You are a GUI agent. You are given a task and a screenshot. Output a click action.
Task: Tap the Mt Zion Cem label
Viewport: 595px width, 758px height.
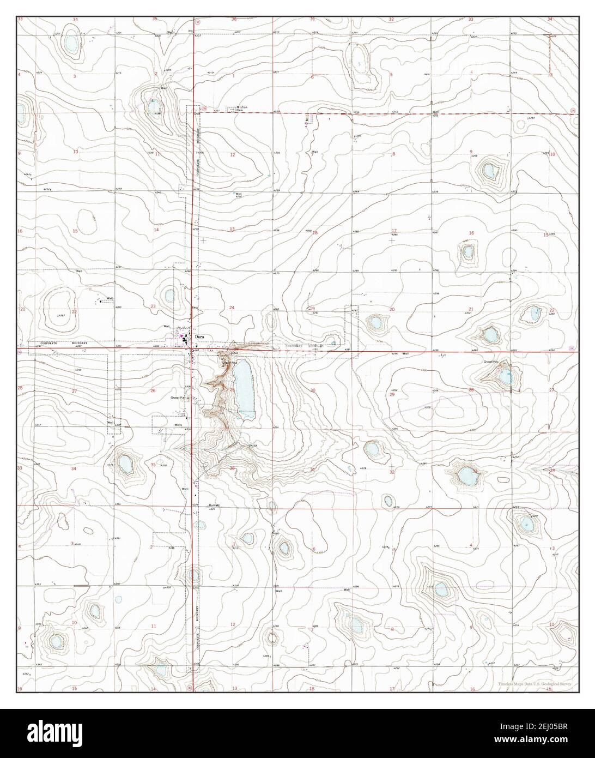click(x=235, y=109)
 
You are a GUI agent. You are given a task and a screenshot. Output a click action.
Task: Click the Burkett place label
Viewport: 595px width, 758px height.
click(x=214, y=506)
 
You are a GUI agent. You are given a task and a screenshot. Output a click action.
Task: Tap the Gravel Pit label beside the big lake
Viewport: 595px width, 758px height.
click(x=227, y=362)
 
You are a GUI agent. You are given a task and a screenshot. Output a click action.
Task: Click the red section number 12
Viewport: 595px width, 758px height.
click(x=232, y=155)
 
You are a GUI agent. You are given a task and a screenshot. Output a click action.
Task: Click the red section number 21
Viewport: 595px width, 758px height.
click(x=471, y=309)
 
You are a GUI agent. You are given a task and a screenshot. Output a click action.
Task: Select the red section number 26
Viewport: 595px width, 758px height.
click(x=153, y=390)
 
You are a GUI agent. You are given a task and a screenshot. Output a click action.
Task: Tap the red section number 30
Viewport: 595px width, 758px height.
click(x=313, y=390)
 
